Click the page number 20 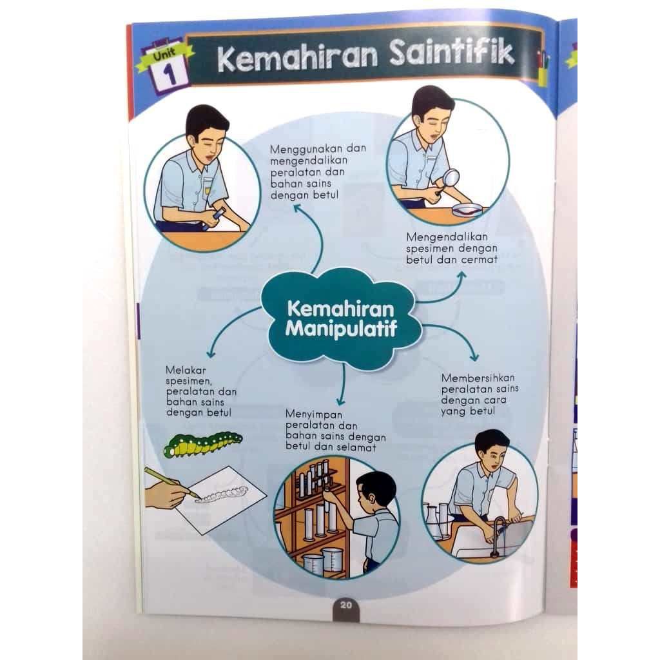click(x=345, y=605)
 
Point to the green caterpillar click(x=202, y=444)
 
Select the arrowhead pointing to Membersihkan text click(x=475, y=356)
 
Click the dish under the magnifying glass click(x=467, y=208)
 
